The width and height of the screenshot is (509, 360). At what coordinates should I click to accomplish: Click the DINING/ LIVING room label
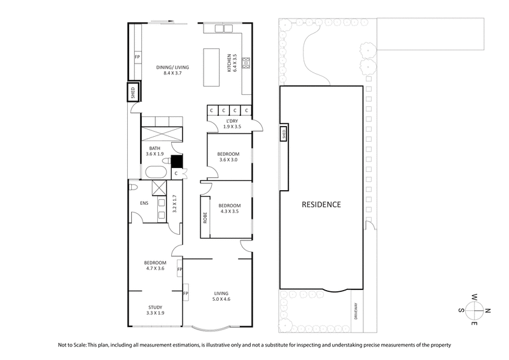(x=173, y=67)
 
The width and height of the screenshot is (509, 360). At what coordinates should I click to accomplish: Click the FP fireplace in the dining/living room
(x=137, y=57)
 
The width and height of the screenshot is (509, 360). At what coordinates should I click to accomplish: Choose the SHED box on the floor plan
(x=133, y=90)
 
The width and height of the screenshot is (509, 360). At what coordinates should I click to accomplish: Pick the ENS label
(x=144, y=204)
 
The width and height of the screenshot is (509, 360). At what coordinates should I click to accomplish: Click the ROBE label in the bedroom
(x=205, y=219)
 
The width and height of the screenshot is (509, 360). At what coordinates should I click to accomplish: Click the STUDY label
(x=155, y=308)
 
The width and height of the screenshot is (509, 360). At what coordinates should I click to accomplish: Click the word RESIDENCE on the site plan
(x=321, y=205)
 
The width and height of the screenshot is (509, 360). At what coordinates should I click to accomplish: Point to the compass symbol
(x=473, y=310)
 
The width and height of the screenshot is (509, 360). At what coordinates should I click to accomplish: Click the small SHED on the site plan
(x=284, y=134)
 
